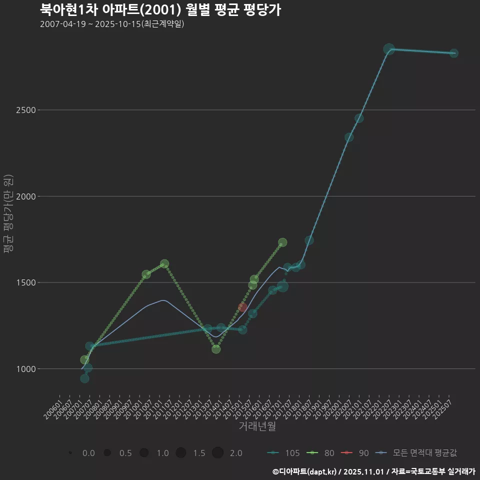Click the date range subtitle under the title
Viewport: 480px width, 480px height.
click(x=112, y=24)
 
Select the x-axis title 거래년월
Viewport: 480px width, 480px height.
click(x=257, y=426)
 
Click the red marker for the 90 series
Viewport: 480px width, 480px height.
click(x=242, y=307)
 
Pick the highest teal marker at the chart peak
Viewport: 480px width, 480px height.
click(x=389, y=49)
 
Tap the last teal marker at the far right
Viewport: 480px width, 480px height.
click(x=453, y=53)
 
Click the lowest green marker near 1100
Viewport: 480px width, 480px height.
click(x=216, y=348)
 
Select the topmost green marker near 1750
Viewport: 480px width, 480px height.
click(x=282, y=242)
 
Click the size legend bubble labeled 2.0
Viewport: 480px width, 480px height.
click(x=217, y=453)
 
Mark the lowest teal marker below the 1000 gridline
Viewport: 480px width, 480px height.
click(x=84, y=378)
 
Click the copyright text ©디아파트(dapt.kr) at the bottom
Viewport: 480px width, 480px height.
click(x=305, y=471)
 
